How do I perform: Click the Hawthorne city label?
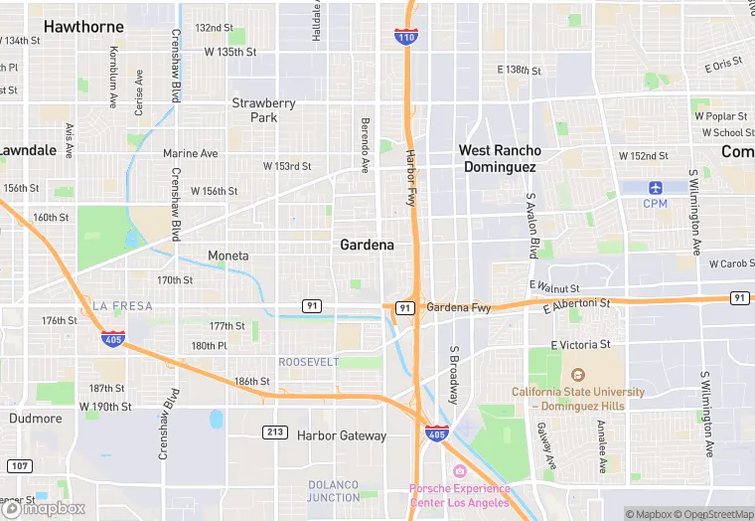coord(84,26)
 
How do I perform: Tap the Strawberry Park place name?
coord(263,109)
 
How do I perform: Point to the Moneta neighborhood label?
coord(228,256)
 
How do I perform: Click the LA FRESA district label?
coord(123,305)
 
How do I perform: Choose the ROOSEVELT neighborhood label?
coord(308,362)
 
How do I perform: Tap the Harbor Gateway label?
coord(341,435)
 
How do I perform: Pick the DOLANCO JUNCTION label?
coord(334,490)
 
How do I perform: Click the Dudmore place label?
coord(36,419)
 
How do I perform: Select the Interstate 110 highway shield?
coord(405,36)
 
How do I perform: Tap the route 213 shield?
coord(275,432)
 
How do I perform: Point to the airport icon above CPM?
coord(655,187)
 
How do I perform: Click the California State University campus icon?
coord(578,375)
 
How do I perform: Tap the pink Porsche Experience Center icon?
coord(459,471)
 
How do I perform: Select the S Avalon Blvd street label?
coord(531,227)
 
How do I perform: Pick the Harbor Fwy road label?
coord(410,178)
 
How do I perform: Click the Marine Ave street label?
coord(191,154)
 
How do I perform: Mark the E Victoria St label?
coord(577,344)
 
